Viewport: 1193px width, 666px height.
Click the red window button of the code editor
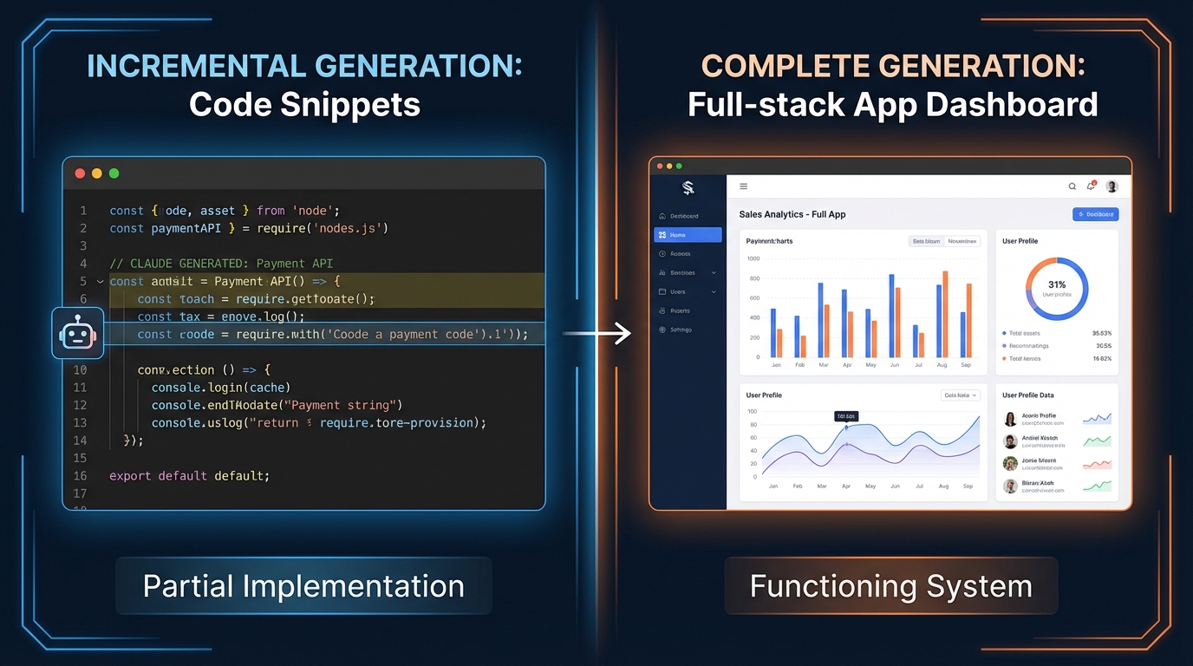pyautogui.click(x=80, y=173)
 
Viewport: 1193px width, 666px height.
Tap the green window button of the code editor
pyautogui.click(x=114, y=173)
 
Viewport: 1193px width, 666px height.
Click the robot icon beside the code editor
pyautogui.click(x=77, y=334)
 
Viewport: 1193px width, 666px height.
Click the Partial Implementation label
pyautogui.click(x=303, y=586)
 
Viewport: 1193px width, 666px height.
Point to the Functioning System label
pyautogui.click(x=890, y=586)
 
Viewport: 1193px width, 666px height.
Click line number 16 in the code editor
pyautogui.click(x=80, y=476)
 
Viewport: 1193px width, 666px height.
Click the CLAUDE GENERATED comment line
pyautogui.click(x=221, y=264)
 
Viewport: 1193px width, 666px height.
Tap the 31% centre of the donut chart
pyautogui.click(x=1056, y=285)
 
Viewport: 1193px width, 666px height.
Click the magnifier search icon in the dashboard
pyautogui.click(x=1072, y=186)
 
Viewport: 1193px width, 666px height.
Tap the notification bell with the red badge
pyautogui.click(x=1091, y=186)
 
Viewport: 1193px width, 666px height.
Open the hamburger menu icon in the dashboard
pyautogui.click(x=743, y=186)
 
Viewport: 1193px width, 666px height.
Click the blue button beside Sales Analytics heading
pyautogui.click(x=1095, y=214)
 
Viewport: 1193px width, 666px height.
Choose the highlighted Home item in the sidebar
pyautogui.click(x=688, y=235)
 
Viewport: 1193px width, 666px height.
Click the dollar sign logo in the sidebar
pyautogui.click(x=688, y=187)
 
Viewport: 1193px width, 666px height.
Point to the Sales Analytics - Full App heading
pyautogui.click(x=792, y=214)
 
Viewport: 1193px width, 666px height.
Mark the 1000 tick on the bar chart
pyautogui.click(x=753, y=258)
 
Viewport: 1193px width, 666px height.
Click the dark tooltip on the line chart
pyautogui.click(x=845, y=416)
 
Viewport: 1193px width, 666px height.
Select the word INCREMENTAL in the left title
pyautogui.click(x=196, y=66)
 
